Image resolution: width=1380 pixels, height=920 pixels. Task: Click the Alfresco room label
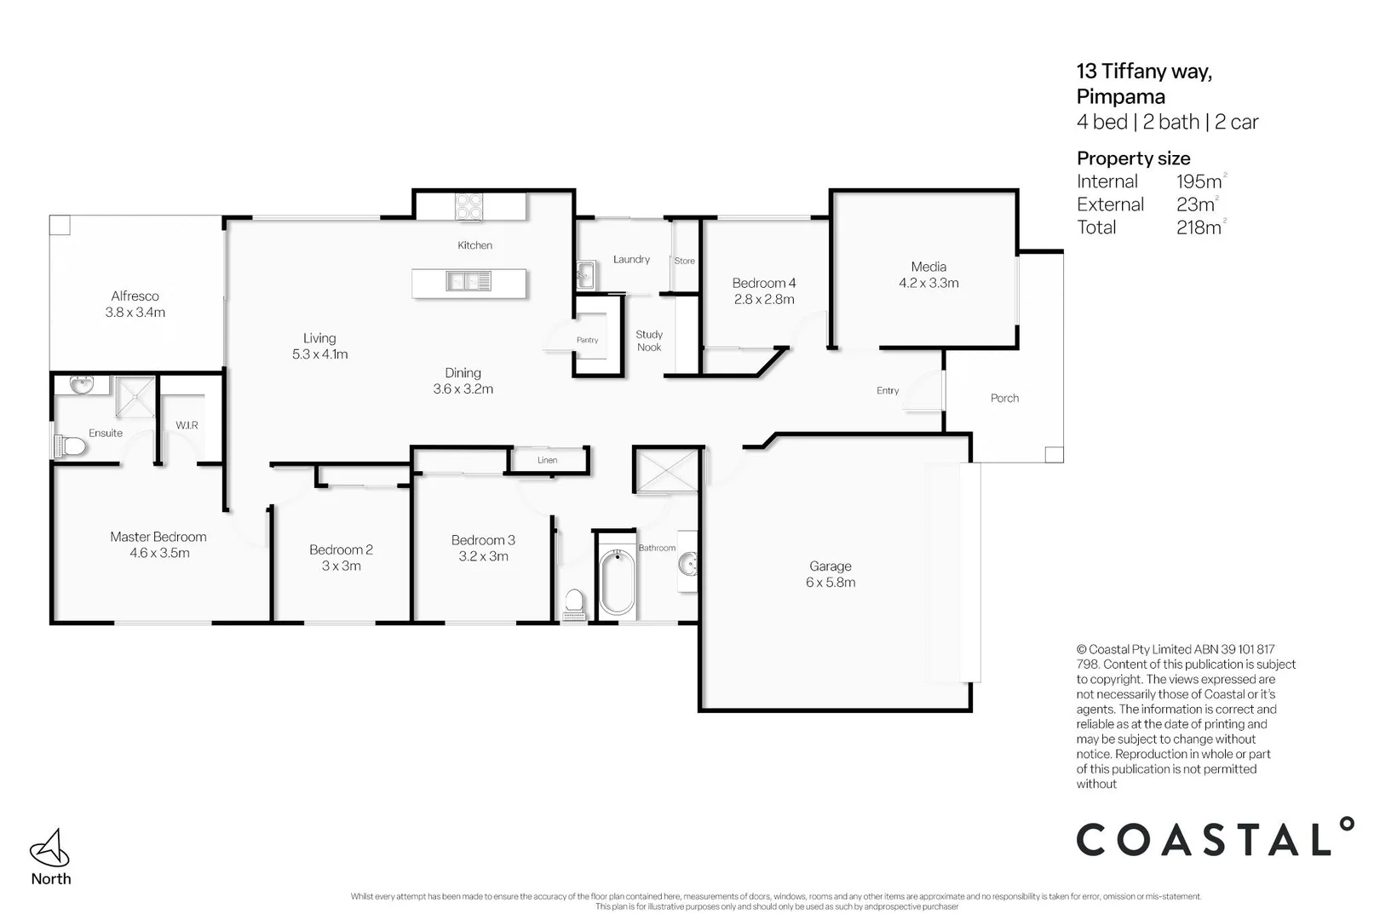(135, 296)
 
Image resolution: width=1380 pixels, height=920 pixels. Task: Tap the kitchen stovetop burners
(469, 207)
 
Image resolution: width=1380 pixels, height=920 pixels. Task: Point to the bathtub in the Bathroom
(617, 584)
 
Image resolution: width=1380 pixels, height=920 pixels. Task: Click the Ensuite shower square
(135, 397)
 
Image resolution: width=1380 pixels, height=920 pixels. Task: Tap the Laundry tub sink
(585, 273)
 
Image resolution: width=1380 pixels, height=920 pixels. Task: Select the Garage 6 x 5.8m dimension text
(831, 583)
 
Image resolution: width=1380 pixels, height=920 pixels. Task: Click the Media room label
(929, 267)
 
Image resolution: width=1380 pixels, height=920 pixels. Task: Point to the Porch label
(1004, 398)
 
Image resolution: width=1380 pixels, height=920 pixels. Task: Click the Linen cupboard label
(547, 460)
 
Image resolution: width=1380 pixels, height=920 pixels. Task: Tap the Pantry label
(587, 340)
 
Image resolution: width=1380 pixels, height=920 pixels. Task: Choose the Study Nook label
(649, 341)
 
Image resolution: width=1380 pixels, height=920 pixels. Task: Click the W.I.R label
(187, 425)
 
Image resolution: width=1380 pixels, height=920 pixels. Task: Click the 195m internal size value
(1199, 181)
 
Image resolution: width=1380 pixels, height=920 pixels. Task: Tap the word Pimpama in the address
(1120, 96)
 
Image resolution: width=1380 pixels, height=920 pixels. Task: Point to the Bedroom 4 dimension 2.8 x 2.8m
(764, 299)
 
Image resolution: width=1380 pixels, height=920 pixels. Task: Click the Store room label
(684, 261)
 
